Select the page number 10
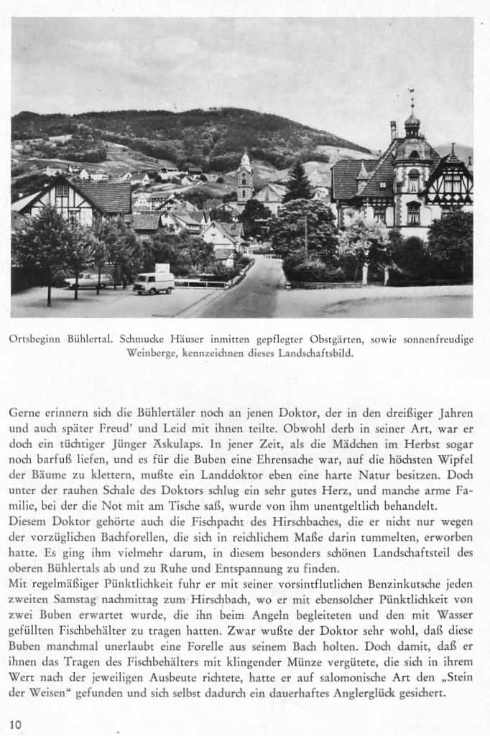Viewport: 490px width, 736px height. tap(16, 725)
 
